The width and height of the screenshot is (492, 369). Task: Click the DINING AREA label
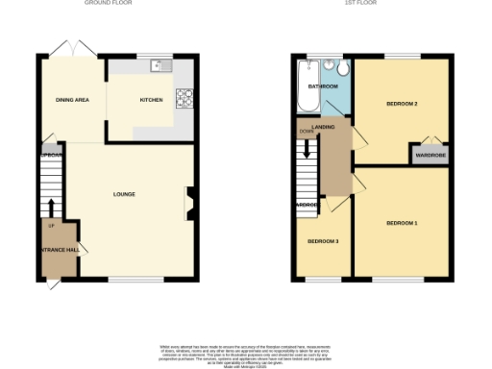pos(72,100)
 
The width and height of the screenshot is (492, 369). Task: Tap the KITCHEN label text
pos(152,100)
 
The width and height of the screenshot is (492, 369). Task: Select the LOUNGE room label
pos(124,195)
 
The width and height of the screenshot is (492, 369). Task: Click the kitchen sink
pos(160,65)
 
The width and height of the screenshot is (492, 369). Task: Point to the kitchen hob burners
pos(184,97)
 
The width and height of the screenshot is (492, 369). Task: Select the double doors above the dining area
pos(72,49)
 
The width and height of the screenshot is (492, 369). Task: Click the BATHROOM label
pos(323,86)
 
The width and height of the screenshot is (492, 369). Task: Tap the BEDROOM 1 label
pos(402,223)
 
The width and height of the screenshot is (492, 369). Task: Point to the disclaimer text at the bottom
pos(246,351)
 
